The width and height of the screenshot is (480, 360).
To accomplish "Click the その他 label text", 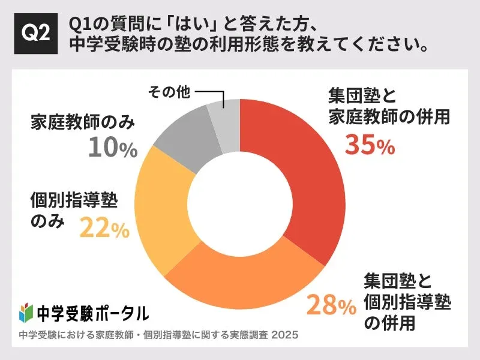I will click(169, 92).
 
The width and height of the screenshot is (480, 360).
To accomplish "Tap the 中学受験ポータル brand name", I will click(92, 313).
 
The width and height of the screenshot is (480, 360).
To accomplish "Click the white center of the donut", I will click(240, 205).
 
